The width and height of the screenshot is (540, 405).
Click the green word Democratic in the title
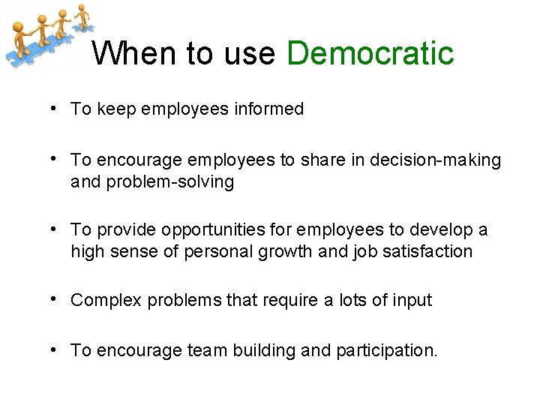pos(370,53)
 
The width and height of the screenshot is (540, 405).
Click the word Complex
pos(106,301)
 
